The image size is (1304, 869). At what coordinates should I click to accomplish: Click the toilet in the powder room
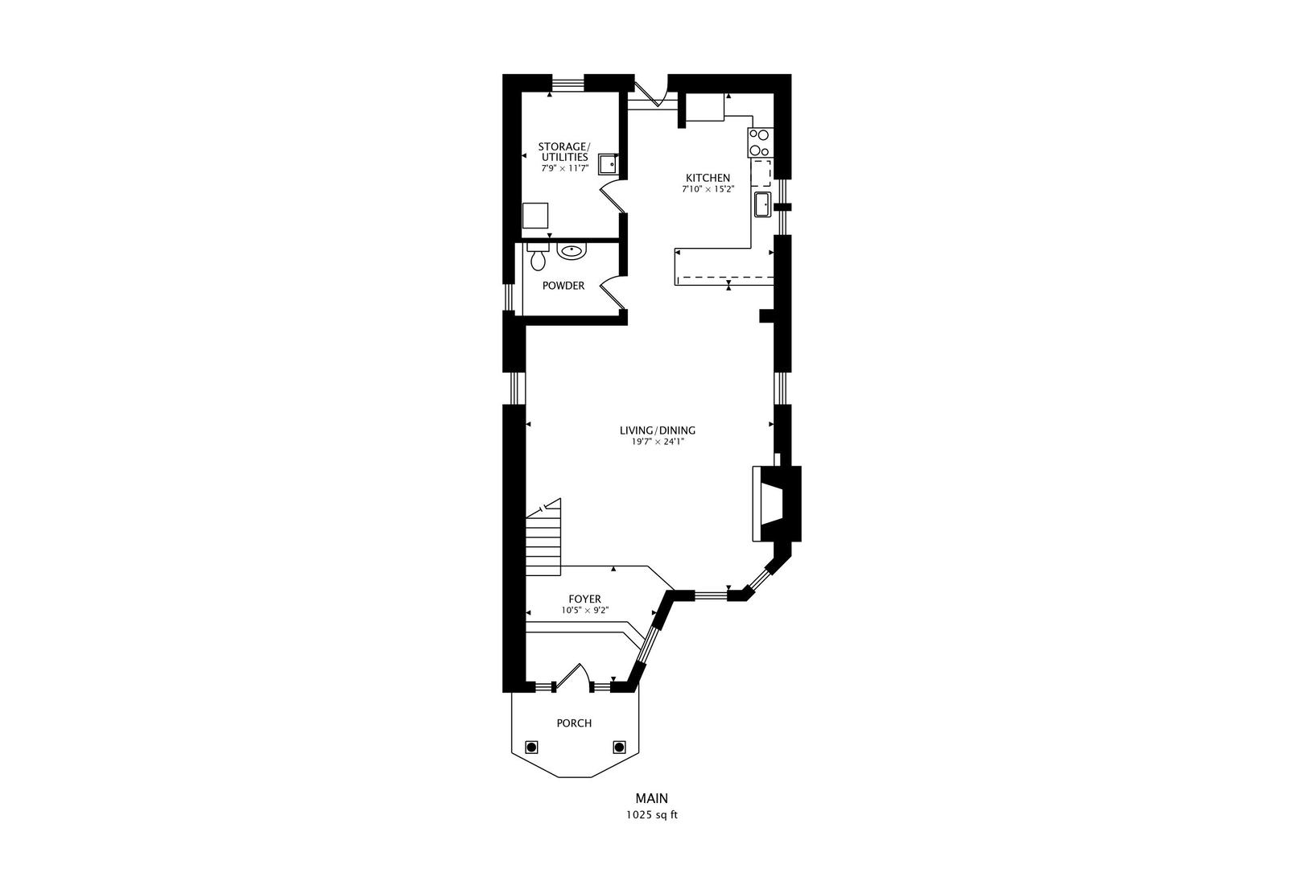coord(538,258)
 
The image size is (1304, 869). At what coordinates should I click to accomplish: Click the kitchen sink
coord(761,204)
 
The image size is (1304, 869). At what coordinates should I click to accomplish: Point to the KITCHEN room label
coord(708,178)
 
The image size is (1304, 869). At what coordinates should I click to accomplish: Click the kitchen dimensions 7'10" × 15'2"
coord(708,190)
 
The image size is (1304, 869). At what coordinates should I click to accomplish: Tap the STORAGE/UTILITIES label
coord(563,151)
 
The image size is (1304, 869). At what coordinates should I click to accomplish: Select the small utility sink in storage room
coord(608,164)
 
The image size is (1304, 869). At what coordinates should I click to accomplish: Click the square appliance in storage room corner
coord(535,216)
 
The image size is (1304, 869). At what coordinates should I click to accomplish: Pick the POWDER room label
coord(563,286)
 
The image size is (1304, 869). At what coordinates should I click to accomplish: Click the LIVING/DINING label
coord(657,430)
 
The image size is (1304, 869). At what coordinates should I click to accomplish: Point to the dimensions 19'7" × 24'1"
coord(657,442)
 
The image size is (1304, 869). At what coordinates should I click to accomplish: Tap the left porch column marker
coord(531,747)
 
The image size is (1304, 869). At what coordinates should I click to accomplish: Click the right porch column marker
coord(619,747)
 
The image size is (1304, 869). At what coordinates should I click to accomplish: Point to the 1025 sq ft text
coord(651,814)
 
